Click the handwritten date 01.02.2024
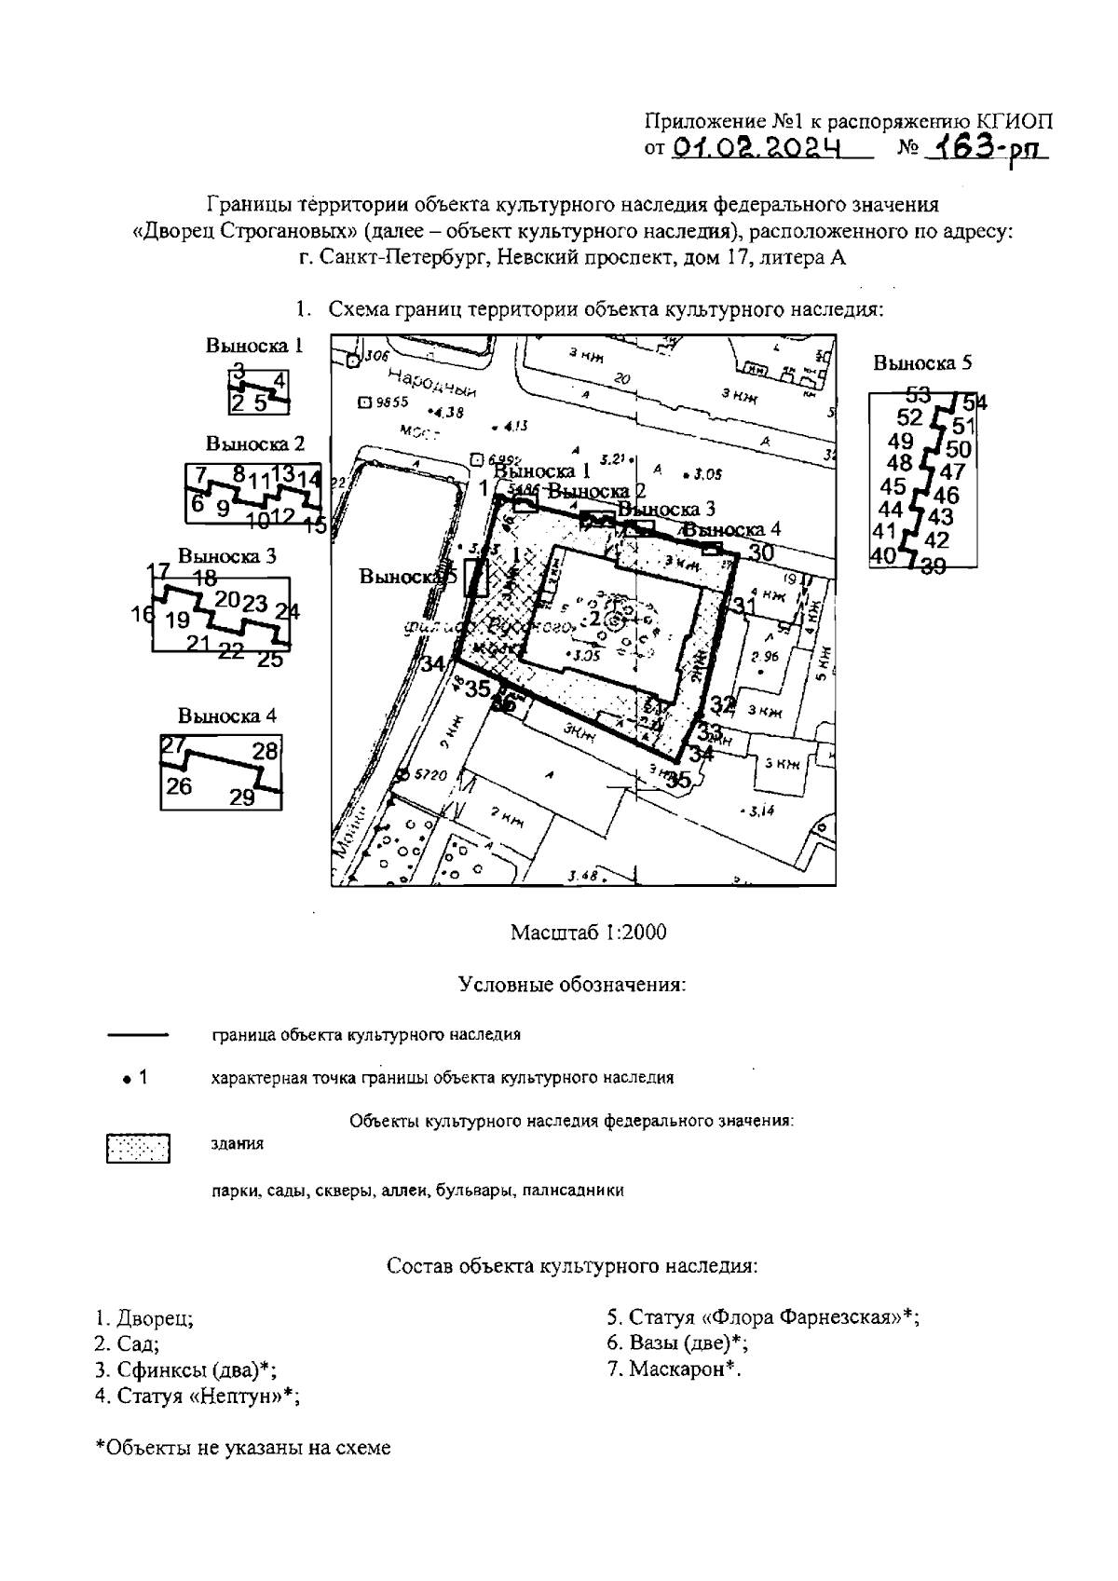[x=756, y=147]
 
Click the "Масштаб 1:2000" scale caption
[x=588, y=933]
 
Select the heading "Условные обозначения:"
[x=573, y=985]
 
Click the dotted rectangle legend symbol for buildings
[x=138, y=1148]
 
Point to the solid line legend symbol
[x=138, y=1035]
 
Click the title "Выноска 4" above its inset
[x=227, y=716]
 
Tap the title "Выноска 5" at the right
[x=916, y=363]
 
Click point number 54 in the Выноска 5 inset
[x=975, y=403]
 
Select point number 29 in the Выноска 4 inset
[x=242, y=797]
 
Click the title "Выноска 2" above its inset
[x=255, y=443]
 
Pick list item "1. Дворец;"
[x=144, y=1318]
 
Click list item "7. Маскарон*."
[x=675, y=1369]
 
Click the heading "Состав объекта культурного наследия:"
[x=572, y=1266]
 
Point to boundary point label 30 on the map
[x=761, y=552]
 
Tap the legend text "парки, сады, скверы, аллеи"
[x=417, y=1190]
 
